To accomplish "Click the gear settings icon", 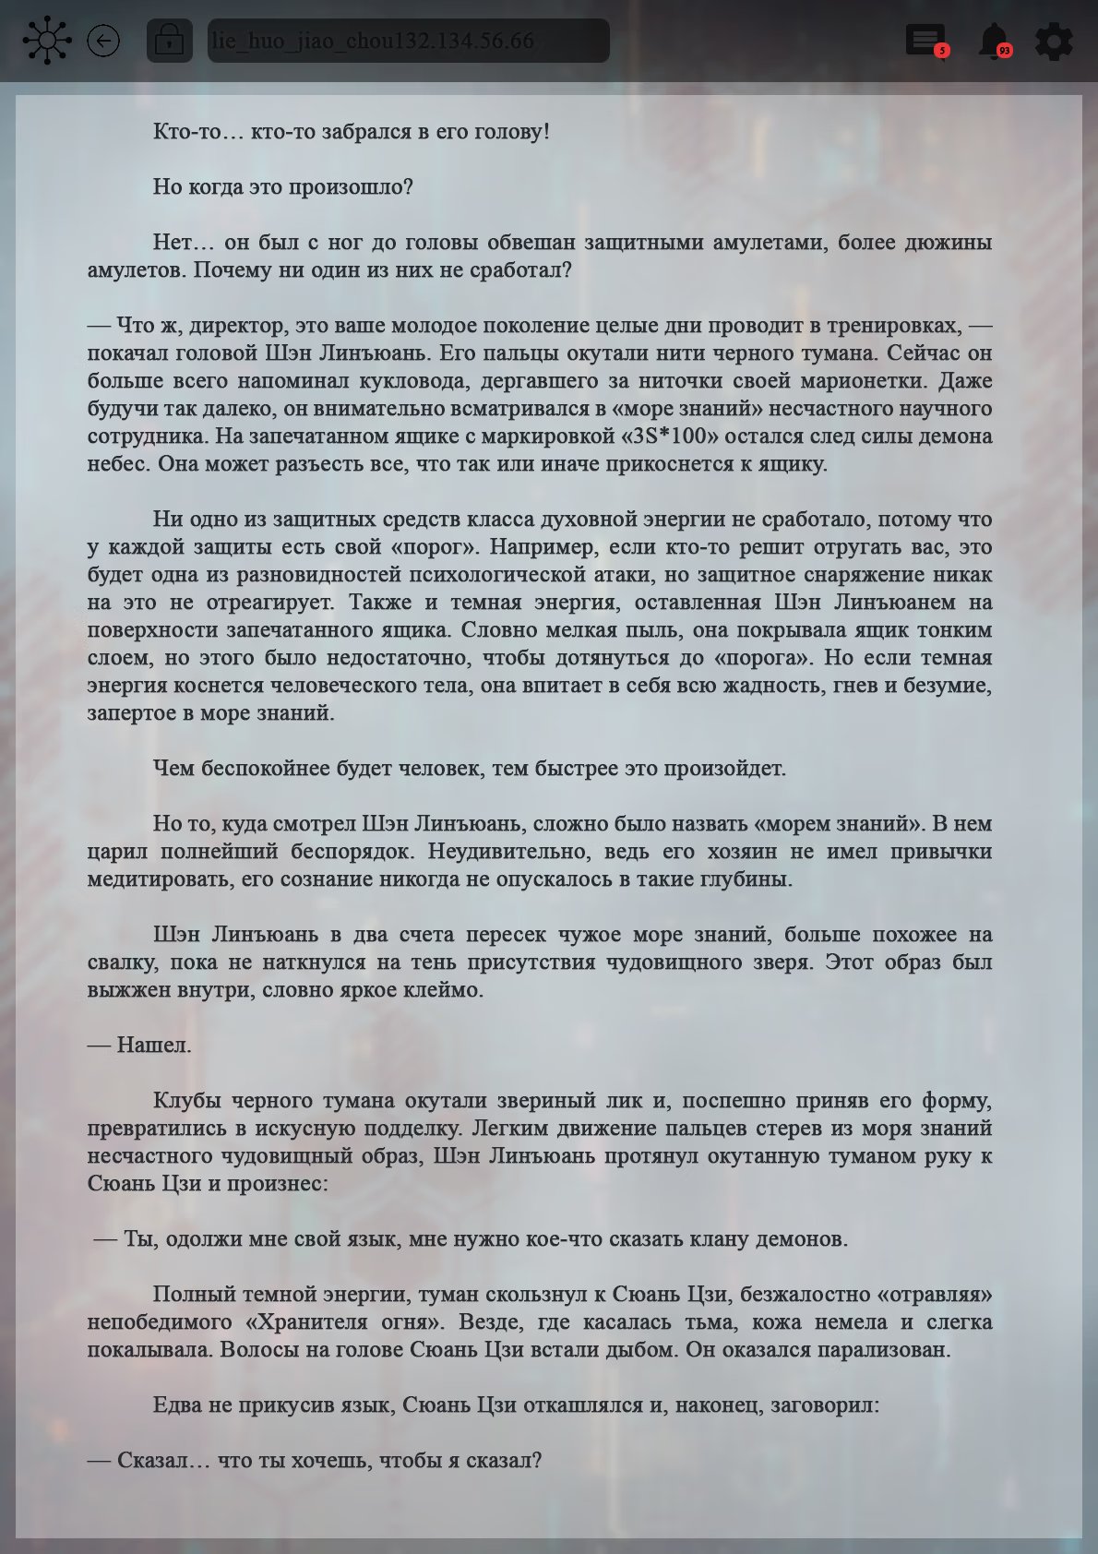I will [1054, 42].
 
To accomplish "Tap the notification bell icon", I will [993, 41].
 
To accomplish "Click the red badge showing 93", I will [1004, 51].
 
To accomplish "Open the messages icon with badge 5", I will [925, 41].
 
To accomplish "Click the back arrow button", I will [103, 41].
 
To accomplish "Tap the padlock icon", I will [169, 41].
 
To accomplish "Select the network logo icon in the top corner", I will [46, 41].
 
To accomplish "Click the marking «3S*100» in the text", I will [673, 436].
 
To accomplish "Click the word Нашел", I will [154, 1045].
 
